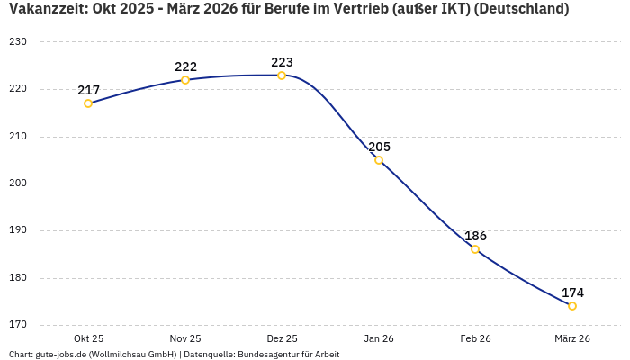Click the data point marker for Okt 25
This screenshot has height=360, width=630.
(88, 103)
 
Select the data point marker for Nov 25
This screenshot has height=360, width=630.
(185, 80)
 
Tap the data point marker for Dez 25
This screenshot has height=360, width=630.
(282, 76)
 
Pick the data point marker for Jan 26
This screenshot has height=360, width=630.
(379, 160)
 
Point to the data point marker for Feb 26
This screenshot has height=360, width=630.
(475, 249)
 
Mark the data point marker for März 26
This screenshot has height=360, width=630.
(572, 306)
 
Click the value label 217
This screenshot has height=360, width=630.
(88, 90)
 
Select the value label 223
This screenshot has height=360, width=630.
(282, 62)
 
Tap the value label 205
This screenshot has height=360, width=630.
(379, 147)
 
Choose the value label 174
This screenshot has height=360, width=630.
(572, 292)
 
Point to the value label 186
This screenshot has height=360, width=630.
(475, 236)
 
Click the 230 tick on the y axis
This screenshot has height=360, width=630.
(18, 42)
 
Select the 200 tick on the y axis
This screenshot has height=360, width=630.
(18, 184)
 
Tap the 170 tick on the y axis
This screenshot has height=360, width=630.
(18, 325)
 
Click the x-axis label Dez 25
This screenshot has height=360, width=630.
(282, 339)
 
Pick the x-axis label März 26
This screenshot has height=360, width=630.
(572, 339)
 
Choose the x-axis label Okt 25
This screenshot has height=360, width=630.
(88, 339)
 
